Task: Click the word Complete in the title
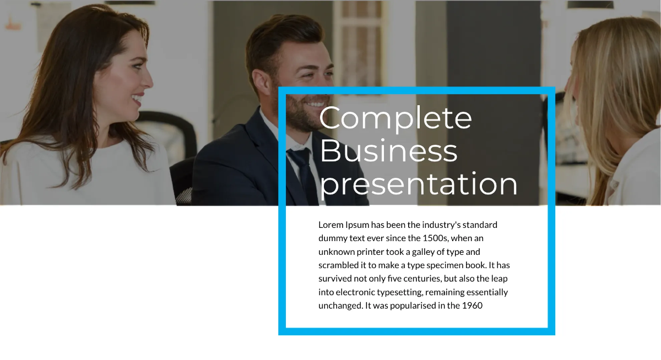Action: tap(395, 118)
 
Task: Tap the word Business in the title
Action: tap(388, 151)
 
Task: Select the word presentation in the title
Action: tap(419, 184)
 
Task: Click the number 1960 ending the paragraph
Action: tap(472, 306)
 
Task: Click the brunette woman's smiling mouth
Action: tap(137, 99)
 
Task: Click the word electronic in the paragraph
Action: tap(354, 292)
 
